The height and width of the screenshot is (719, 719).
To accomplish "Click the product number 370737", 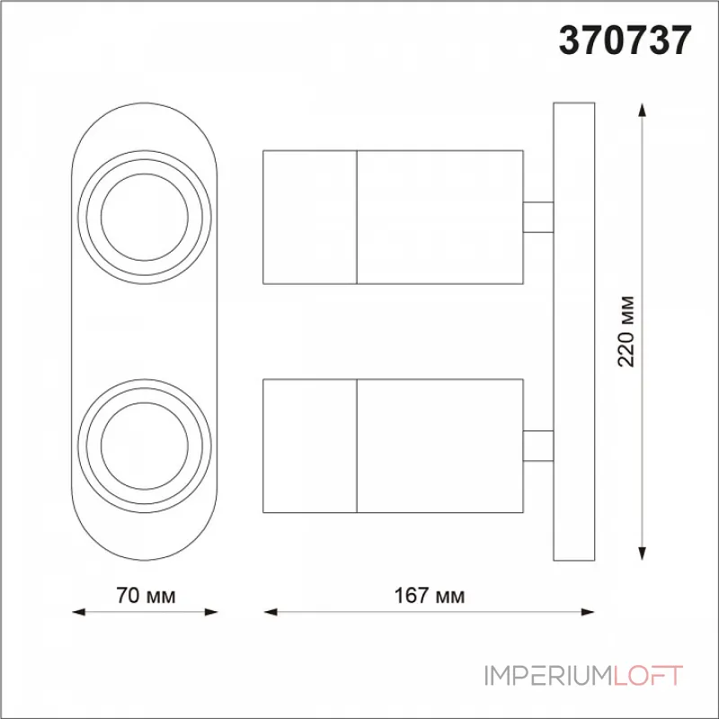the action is click(625, 40).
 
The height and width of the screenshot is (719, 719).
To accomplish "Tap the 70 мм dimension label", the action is click(146, 596).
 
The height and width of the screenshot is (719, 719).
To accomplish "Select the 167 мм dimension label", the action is click(430, 596).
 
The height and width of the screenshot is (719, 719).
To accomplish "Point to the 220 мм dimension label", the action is click(626, 331).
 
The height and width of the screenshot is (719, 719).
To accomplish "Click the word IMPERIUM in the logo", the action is click(548, 676).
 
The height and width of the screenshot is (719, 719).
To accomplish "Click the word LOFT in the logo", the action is click(648, 676).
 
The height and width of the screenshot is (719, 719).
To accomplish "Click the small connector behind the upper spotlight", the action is click(538, 217).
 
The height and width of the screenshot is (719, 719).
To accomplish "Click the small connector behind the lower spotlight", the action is click(538, 446).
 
